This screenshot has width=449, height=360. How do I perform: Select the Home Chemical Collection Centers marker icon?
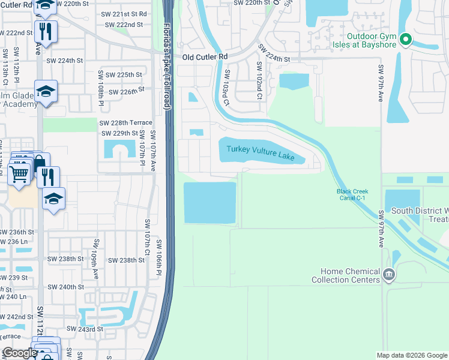point(389,275)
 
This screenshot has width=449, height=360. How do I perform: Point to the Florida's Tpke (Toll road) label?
point(167,66)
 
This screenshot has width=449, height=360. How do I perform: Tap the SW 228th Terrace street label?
point(125,122)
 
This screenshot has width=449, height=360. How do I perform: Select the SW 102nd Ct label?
point(259,76)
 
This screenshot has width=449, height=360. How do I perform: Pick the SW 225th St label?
point(124,75)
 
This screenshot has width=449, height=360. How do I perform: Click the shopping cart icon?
point(19,173)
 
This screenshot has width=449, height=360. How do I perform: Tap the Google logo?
point(19,353)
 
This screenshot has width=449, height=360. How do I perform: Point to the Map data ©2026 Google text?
point(412,355)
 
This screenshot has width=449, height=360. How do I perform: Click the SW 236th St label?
point(16,232)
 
